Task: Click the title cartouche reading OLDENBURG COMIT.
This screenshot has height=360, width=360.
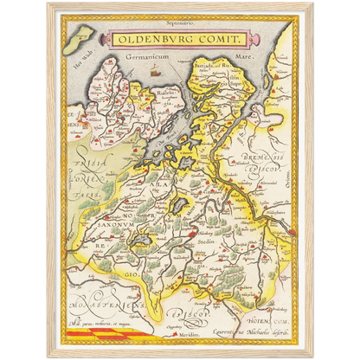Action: click(179, 40)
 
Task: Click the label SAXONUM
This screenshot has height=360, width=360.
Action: click(104, 222)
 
